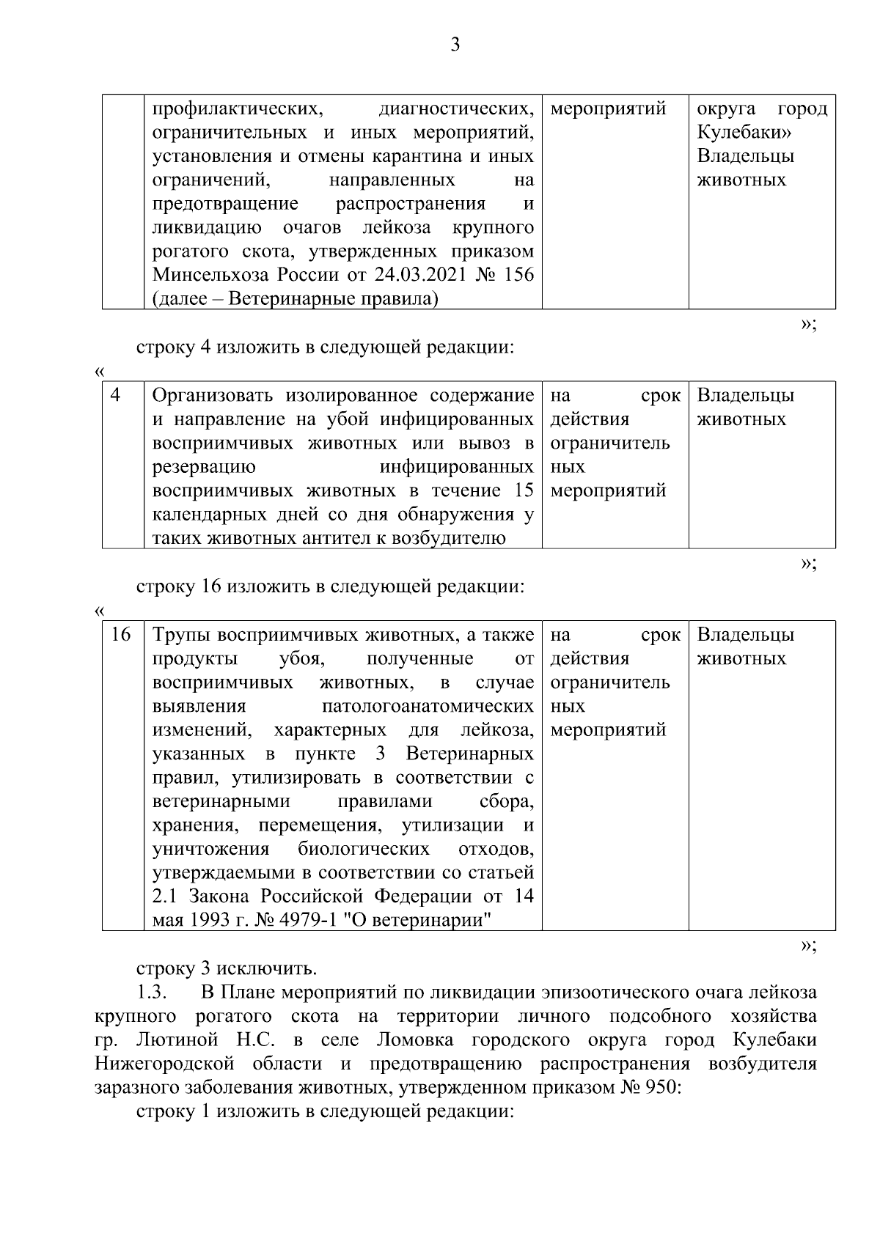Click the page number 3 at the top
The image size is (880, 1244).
coord(455,45)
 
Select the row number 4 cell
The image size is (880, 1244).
coord(115,396)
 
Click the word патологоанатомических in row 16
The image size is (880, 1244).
coord(428,707)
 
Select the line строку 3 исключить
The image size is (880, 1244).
coord(227,968)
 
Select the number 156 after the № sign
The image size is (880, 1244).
coord(518,276)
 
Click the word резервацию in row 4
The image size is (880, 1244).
coord(203,467)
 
